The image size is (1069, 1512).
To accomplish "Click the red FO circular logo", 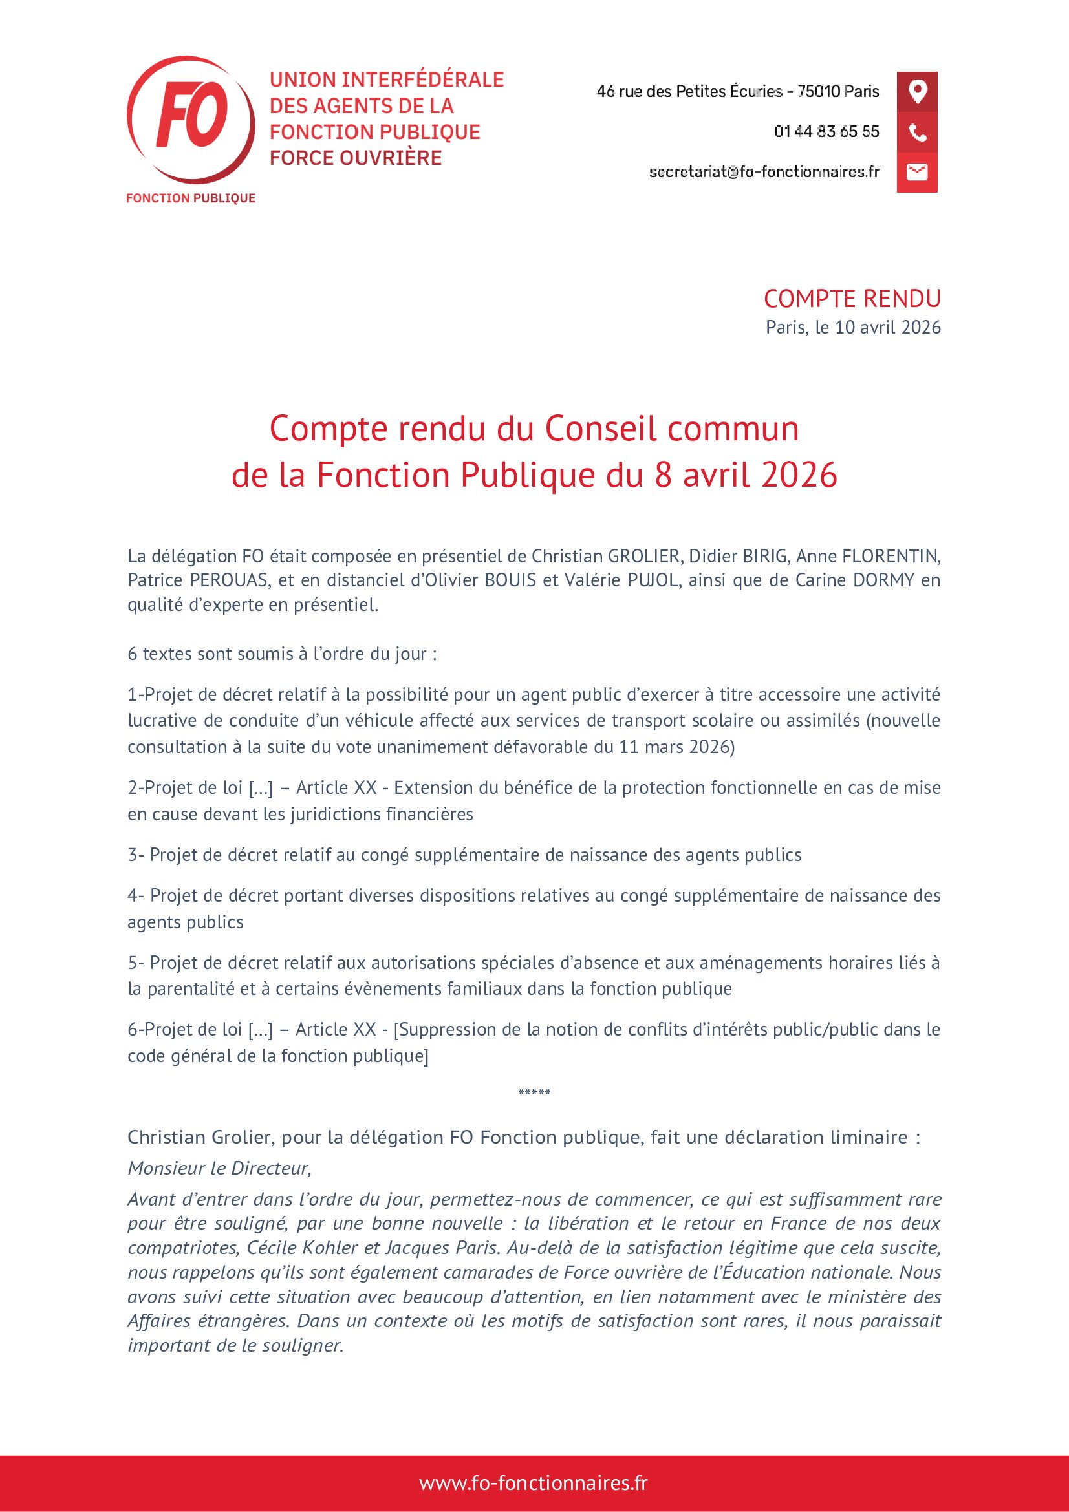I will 190,119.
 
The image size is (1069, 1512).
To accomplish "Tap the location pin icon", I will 917,92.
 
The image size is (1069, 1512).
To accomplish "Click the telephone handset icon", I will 917,133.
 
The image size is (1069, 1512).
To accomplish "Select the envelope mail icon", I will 917,173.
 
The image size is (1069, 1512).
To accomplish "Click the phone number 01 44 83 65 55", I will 826,132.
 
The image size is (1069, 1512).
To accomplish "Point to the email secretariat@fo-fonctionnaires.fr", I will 764,172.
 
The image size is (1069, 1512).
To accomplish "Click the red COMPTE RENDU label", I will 852,299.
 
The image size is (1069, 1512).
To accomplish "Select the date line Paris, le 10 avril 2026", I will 853,327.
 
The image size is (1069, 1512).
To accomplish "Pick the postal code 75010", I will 819,92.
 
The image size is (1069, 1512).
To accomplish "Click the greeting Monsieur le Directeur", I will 219,1168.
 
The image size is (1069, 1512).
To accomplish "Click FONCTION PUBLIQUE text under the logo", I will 190,198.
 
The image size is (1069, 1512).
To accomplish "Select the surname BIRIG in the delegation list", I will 764,557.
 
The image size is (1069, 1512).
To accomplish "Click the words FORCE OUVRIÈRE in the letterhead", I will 356,158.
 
